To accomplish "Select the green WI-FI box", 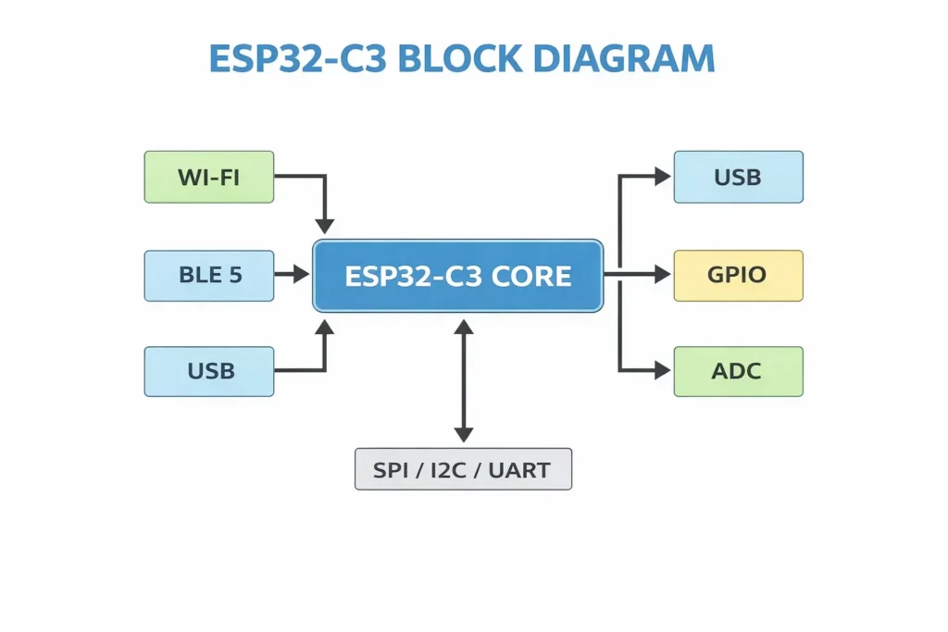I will [209, 177].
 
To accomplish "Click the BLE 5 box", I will [209, 275].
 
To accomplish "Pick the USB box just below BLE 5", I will [209, 371].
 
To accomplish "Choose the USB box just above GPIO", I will [738, 177].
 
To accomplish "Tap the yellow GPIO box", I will [738, 275].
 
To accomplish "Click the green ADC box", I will [738, 371].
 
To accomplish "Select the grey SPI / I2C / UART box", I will [463, 469].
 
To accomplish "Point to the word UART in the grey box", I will [521, 470].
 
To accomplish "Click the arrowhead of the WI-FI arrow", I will [324, 225].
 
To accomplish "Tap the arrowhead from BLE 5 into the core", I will [300, 274].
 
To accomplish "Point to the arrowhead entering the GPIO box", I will [661, 274].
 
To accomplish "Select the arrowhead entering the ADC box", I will [661, 370].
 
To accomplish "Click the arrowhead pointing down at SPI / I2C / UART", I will [464, 433].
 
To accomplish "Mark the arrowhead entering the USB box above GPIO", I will [661, 177].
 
